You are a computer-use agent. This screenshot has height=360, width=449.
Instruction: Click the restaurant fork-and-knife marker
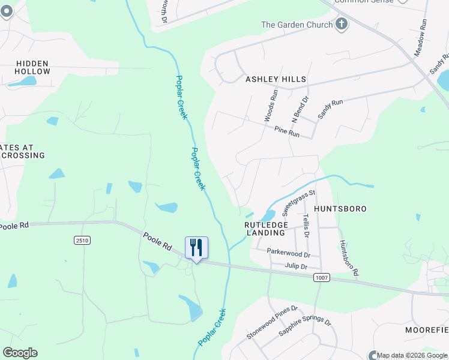(x=196, y=248)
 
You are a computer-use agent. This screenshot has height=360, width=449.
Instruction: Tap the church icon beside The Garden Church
(x=342, y=25)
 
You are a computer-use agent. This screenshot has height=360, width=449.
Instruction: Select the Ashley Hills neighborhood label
(x=276, y=79)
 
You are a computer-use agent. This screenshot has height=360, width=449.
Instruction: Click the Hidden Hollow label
(x=33, y=67)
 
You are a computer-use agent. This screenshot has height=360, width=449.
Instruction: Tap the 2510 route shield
(x=82, y=241)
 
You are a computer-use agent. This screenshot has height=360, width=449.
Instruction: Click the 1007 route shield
(x=321, y=277)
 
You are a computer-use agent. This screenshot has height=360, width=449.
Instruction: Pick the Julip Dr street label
(x=295, y=266)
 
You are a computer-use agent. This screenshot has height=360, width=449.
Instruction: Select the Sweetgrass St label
(x=299, y=203)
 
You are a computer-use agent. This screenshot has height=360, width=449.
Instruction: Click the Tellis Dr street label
(x=306, y=225)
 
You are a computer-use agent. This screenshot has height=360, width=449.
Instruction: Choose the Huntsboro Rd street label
(x=349, y=258)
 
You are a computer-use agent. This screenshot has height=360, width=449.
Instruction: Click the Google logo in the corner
(x=20, y=353)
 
